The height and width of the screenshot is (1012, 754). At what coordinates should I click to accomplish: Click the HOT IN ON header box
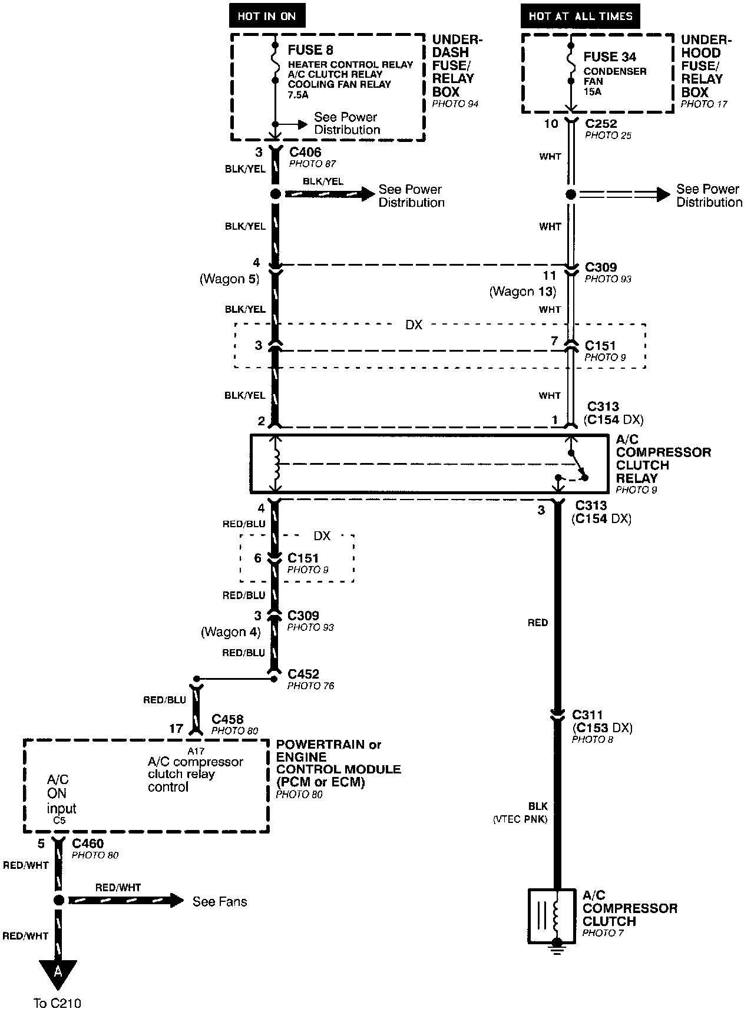click(266, 16)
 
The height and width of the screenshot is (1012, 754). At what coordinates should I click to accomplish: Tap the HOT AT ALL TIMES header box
click(580, 16)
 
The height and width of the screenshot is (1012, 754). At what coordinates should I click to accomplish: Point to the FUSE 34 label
click(610, 57)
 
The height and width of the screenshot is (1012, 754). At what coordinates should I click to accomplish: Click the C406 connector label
click(305, 153)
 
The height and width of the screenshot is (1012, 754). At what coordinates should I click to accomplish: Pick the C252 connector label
click(601, 124)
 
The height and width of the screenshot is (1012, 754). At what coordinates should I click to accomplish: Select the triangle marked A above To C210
click(58, 971)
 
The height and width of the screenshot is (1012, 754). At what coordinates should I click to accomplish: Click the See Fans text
click(220, 901)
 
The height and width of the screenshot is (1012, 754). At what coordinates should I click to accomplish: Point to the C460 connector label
click(88, 844)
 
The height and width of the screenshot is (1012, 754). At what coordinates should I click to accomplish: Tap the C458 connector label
click(227, 719)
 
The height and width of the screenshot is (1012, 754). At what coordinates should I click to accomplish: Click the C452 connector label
click(303, 674)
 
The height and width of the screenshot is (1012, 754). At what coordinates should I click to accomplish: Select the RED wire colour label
click(537, 623)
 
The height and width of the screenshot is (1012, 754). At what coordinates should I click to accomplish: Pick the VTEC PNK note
click(520, 819)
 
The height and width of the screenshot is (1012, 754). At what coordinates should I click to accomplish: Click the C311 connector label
click(587, 715)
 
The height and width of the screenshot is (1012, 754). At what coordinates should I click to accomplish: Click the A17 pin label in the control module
click(196, 751)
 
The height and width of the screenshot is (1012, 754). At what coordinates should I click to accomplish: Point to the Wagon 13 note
click(522, 292)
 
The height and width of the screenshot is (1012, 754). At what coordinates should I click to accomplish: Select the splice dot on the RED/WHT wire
click(58, 900)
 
